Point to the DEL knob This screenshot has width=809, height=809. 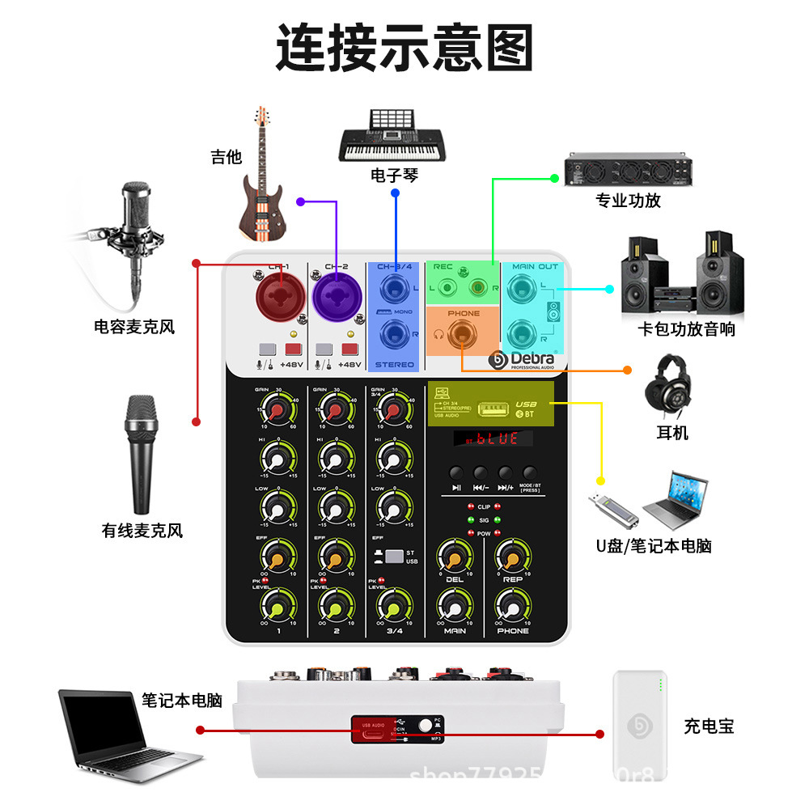coord(455,557)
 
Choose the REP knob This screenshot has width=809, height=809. coord(512,557)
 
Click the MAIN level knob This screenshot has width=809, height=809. coord(455,606)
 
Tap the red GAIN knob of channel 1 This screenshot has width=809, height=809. coord(277,413)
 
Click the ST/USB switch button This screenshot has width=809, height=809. coord(394,557)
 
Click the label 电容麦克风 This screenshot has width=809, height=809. coord(134,328)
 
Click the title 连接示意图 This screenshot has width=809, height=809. coord(404,49)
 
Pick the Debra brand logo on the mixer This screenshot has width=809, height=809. coord(523,359)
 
